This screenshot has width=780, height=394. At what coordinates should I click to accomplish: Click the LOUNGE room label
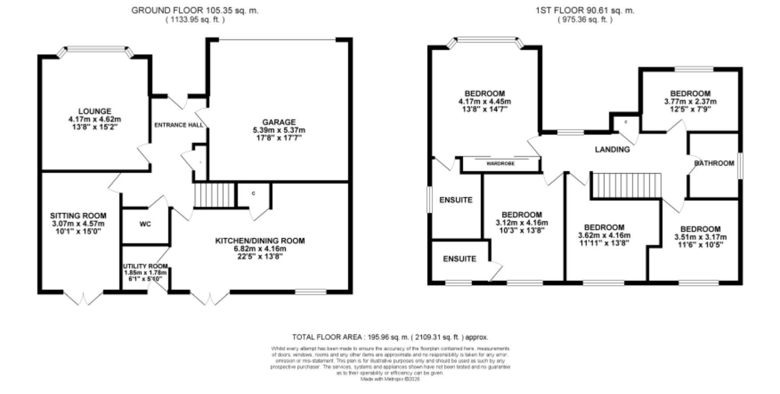(94, 111)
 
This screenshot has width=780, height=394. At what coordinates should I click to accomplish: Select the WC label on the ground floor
(145, 224)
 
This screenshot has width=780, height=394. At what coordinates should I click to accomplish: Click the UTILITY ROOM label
(145, 266)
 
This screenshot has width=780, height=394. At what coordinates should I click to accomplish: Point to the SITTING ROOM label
(78, 215)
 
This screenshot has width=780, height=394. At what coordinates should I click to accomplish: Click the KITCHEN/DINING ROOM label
(260, 241)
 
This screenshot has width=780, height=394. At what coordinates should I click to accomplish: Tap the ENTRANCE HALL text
(178, 125)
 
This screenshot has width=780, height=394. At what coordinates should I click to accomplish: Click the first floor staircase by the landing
(626, 185)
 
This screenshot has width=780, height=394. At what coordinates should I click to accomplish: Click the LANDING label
(612, 150)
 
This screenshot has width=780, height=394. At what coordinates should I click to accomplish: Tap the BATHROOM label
(714, 163)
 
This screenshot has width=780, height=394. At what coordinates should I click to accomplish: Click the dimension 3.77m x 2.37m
(690, 102)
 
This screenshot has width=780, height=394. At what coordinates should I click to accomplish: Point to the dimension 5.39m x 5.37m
(279, 130)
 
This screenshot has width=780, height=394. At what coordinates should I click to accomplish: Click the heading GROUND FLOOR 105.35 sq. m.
(194, 10)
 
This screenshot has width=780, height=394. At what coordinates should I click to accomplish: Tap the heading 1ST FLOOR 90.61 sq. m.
(585, 10)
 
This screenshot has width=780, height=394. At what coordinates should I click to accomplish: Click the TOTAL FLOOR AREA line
(390, 337)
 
